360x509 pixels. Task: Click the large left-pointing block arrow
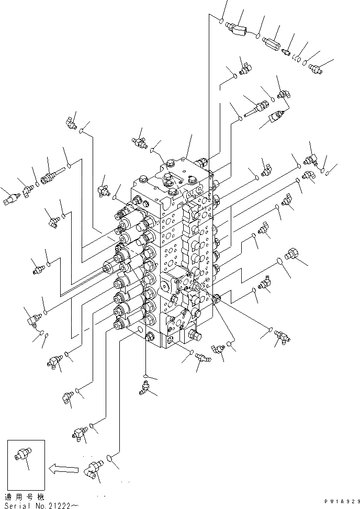61,469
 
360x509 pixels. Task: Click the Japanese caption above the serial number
24,496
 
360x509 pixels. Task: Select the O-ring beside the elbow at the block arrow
109,459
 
